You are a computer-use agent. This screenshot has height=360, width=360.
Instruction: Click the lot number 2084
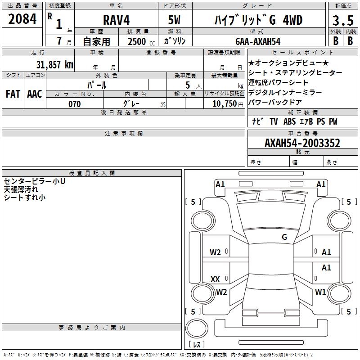(22, 19)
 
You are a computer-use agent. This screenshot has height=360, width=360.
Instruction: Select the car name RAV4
(117, 20)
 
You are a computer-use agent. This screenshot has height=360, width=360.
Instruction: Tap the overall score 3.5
(343, 20)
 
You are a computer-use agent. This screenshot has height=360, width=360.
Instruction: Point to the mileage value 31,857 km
(55, 64)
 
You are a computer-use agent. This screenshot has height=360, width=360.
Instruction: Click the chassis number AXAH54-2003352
(302, 143)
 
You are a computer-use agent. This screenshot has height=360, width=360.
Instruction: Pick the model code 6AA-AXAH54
(258, 41)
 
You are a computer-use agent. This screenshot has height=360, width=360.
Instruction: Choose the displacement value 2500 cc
(141, 41)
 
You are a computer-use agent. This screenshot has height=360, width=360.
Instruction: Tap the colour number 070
(75, 104)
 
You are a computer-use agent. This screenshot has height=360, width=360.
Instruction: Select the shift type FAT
(13, 94)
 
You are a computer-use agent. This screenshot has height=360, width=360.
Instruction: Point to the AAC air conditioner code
(35, 94)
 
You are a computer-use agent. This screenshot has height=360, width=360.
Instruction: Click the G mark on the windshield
(284, 237)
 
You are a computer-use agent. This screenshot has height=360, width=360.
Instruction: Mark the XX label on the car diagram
(215, 279)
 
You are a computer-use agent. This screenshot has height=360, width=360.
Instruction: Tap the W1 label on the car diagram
(320, 292)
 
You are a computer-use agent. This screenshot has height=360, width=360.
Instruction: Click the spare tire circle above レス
(197, 328)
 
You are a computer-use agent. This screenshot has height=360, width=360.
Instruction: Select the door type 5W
(174, 20)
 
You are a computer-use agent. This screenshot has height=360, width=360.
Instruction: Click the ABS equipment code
(289, 121)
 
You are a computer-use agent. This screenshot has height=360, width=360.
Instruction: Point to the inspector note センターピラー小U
(35, 181)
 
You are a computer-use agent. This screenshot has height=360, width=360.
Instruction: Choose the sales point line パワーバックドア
(275, 102)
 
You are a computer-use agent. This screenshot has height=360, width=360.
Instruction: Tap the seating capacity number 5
(188, 85)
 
